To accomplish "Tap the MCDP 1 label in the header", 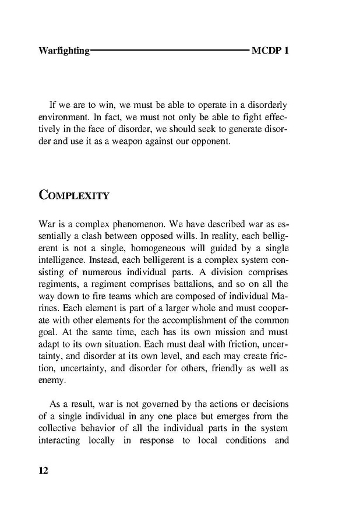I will click(x=270, y=51).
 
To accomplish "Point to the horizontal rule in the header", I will click(x=170, y=51).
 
